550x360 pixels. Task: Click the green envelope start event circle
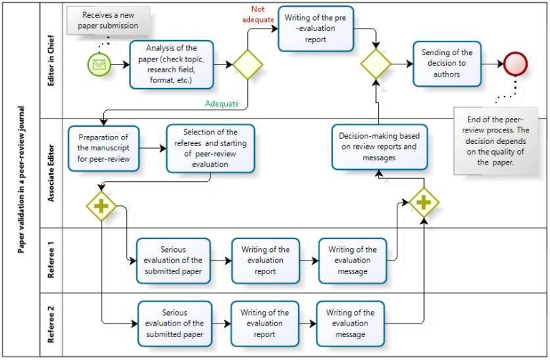100,65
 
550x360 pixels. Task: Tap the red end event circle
516,64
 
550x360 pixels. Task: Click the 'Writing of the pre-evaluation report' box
316,28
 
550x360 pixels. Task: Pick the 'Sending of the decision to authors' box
447,63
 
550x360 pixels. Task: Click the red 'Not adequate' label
259,14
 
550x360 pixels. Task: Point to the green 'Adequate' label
222,103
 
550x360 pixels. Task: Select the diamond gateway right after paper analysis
248,64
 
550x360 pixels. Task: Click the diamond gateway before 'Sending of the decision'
376,64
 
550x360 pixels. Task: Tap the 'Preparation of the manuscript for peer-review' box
104,148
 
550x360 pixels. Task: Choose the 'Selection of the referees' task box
210,148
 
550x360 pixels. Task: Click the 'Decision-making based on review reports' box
380,146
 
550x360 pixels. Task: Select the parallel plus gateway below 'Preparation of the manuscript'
101,206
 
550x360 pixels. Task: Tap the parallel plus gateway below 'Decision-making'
423,203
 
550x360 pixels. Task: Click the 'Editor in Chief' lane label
52,60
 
